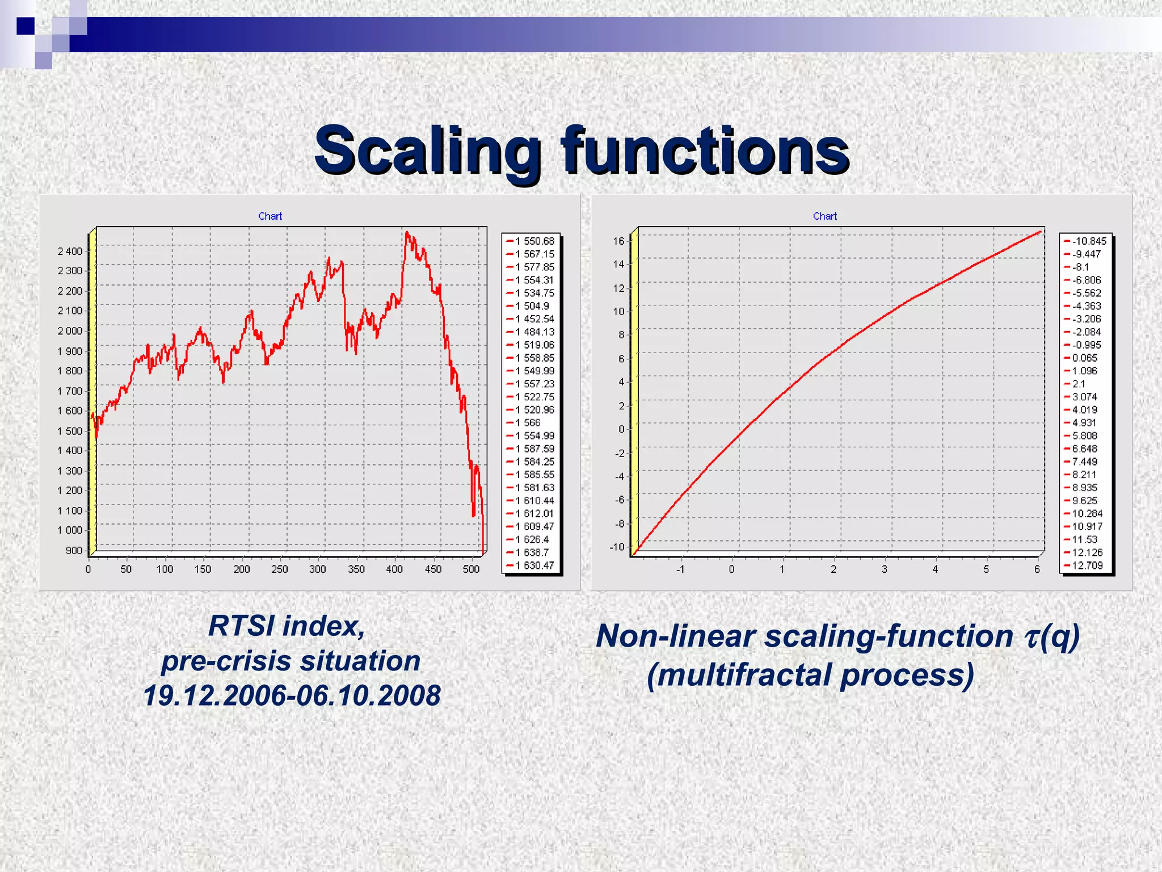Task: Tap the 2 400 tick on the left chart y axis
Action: tap(70, 251)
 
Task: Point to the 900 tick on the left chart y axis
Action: tap(74, 550)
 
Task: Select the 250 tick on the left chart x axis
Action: tap(279, 569)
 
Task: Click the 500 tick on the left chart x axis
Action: tap(471, 569)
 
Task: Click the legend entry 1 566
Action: tap(528, 423)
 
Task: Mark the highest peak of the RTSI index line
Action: tap(407, 232)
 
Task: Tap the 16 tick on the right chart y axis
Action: tap(618, 241)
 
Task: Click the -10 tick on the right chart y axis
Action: tap(617, 547)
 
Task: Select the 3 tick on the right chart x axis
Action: tap(884, 569)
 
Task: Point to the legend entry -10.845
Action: tap(1088, 241)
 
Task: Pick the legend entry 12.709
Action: tap(1087, 565)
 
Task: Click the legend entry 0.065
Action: tap(1084, 358)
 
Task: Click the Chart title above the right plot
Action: tap(824, 216)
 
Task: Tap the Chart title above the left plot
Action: tap(270, 216)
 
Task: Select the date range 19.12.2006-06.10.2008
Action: tap(292, 696)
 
